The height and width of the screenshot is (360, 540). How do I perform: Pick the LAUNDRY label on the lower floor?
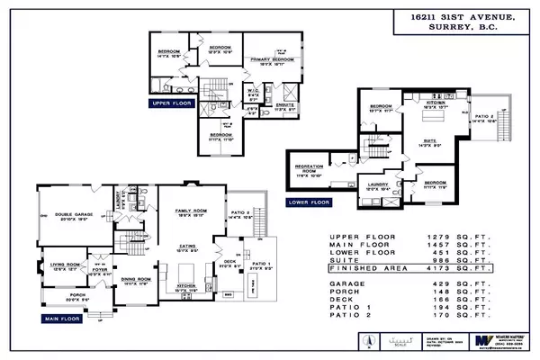click(376, 184)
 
